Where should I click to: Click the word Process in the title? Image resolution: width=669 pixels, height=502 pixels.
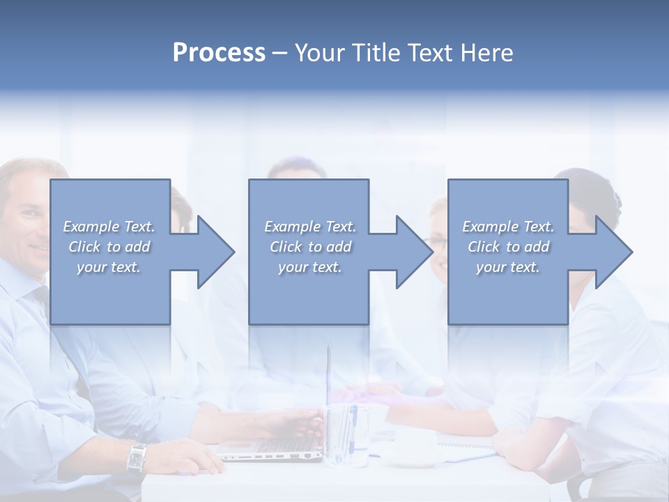[219, 53]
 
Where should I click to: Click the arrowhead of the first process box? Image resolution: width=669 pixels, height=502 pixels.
[213, 252]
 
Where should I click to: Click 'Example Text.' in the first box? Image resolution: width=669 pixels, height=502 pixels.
[109, 227]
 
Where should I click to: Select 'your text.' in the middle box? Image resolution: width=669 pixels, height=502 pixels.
[310, 267]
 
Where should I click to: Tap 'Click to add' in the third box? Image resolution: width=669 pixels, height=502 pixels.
[508, 247]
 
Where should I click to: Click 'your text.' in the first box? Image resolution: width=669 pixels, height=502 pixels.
[109, 267]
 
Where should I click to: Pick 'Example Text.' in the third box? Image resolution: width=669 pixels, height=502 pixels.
[508, 227]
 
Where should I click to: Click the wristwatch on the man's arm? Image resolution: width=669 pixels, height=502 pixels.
[137, 457]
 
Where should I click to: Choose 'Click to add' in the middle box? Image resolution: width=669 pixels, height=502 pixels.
[310, 247]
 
